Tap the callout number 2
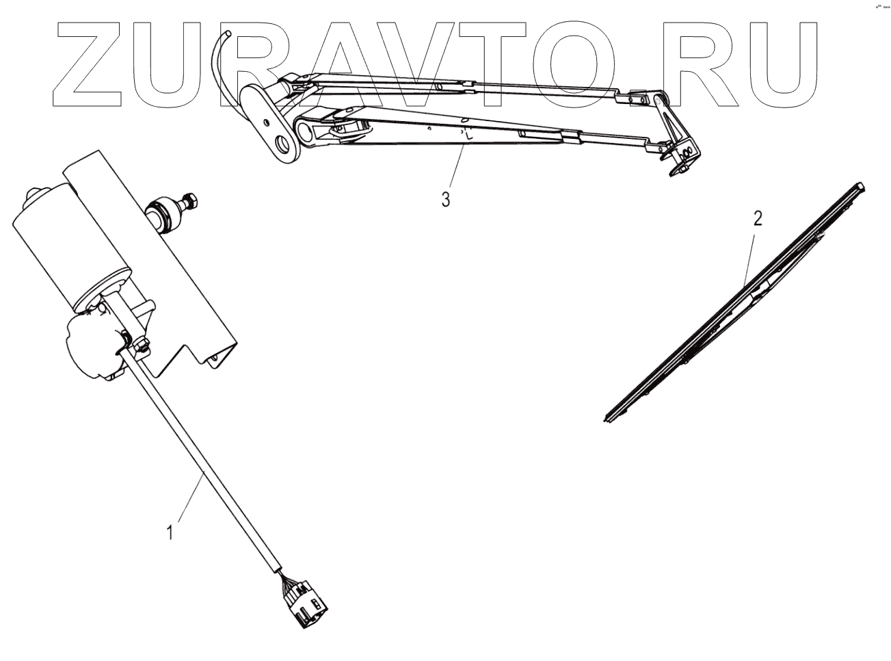(757, 220)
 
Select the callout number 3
(445, 200)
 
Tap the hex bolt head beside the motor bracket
(190, 200)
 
